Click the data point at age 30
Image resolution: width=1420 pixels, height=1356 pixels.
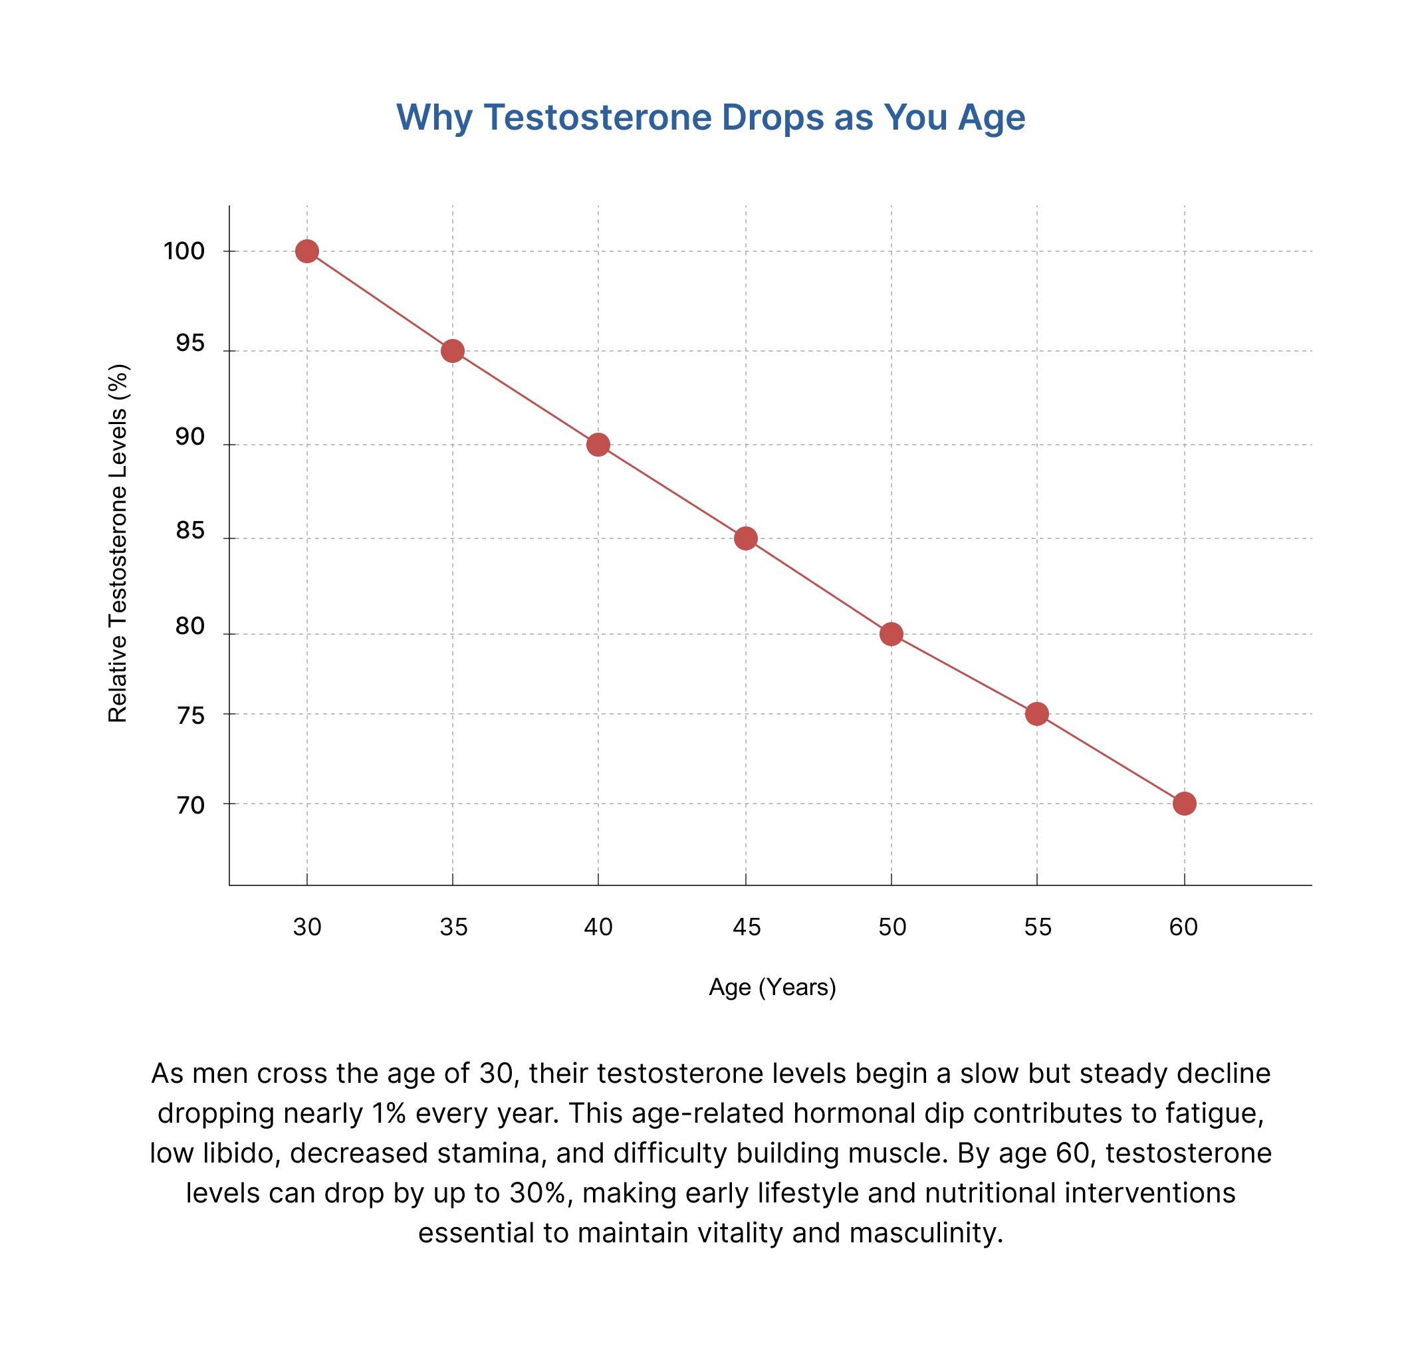tap(306, 251)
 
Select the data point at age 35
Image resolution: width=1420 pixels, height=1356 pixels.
tap(453, 351)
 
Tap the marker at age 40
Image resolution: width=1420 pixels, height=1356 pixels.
tap(598, 445)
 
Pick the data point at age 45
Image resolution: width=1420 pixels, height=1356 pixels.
tap(745, 538)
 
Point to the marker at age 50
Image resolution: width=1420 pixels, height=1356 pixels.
tap(891, 634)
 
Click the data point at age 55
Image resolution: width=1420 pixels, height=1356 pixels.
tap(1037, 714)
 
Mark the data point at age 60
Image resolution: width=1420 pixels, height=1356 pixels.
tap(1184, 804)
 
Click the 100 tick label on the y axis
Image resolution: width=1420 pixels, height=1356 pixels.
tap(183, 251)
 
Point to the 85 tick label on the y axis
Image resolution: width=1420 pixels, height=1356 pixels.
tap(190, 531)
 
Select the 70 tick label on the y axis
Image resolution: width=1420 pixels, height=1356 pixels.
tap(191, 805)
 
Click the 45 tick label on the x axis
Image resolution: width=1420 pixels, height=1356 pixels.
tap(746, 927)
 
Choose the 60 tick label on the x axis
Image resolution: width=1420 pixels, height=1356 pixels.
tap(1183, 927)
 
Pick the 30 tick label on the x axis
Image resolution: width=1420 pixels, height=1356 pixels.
tap(307, 927)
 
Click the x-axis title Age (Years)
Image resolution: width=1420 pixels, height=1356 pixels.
tap(772, 987)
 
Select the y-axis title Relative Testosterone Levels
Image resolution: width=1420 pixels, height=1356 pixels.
tap(118, 543)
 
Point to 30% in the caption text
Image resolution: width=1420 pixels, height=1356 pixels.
tap(536, 1193)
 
